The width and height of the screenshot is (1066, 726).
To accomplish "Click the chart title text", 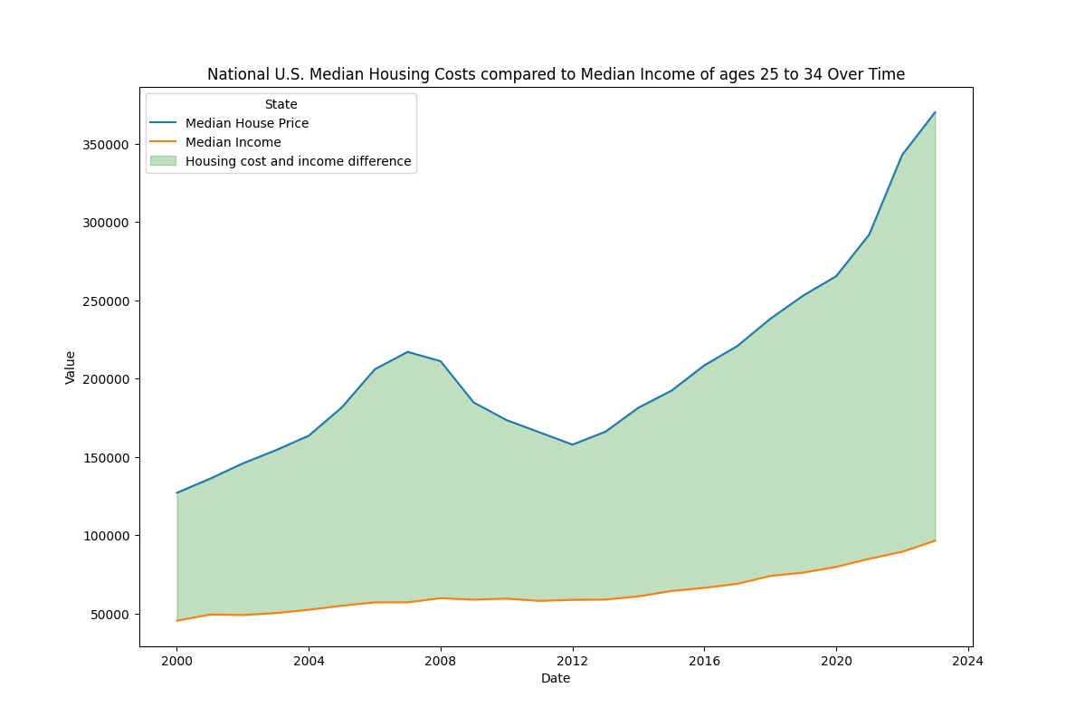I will tap(556, 74).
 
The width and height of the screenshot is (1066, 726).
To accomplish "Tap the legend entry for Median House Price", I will tap(246, 123).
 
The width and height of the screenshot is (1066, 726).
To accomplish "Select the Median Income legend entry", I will tap(233, 142).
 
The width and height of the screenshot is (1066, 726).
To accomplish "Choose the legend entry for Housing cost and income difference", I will tap(298, 161).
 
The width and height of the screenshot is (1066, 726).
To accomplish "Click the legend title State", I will tap(281, 104).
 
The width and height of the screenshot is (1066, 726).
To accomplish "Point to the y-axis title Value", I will tap(71, 367).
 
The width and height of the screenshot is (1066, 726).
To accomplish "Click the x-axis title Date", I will tap(556, 678).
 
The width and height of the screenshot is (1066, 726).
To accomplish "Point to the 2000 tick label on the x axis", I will tap(176, 661).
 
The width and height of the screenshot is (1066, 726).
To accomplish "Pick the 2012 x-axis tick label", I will tap(572, 661).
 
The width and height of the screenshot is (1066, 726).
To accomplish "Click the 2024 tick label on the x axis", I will tap(967, 661).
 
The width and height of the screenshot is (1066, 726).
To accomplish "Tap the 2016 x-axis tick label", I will tap(704, 661).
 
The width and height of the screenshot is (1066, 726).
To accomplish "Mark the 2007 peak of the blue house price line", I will tap(407, 351).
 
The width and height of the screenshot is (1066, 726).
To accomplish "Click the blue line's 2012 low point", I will tap(572, 444).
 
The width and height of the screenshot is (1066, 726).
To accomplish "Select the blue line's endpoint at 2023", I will tap(935, 112).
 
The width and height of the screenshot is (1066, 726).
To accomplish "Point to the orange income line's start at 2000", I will tap(176, 620).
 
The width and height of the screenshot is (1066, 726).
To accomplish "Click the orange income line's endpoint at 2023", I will tap(935, 540).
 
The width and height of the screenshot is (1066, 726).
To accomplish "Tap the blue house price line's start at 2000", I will tap(176, 492).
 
